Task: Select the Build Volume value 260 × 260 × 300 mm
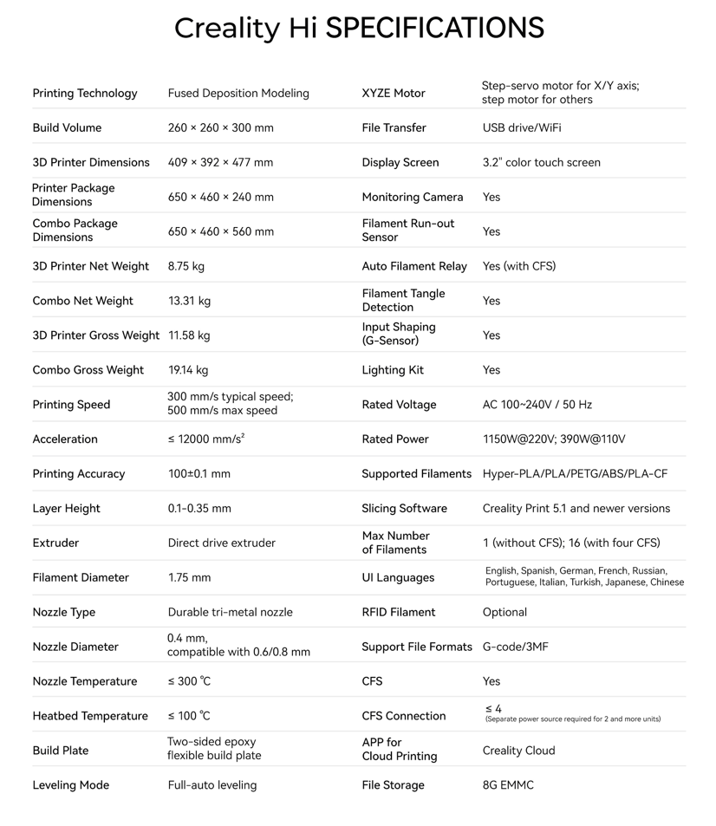pyautogui.click(x=220, y=128)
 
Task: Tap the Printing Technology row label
pyautogui.click(x=85, y=94)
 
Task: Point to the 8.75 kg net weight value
pyautogui.click(x=186, y=267)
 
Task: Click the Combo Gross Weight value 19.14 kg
pyautogui.click(x=188, y=370)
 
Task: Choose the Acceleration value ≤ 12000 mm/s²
pyautogui.click(x=206, y=439)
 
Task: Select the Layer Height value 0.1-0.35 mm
pyautogui.click(x=199, y=509)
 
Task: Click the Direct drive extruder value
pyautogui.click(x=221, y=543)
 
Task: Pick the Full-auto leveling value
pyautogui.click(x=212, y=785)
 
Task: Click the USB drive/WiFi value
pyautogui.click(x=522, y=128)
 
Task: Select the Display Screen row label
pyautogui.click(x=400, y=163)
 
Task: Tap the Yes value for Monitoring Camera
pyautogui.click(x=491, y=198)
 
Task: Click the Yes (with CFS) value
pyautogui.click(x=519, y=267)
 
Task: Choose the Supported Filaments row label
pyautogui.click(x=417, y=474)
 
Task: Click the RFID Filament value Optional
pyautogui.click(x=504, y=613)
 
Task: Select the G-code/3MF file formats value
pyautogui.click(x=515, y=647)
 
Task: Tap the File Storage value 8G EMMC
pyautogui.click(x=508, y=785)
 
